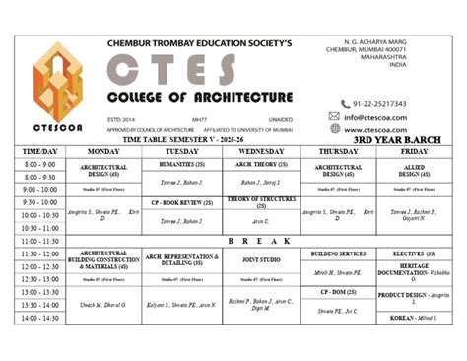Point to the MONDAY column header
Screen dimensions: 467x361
tap(103, 151)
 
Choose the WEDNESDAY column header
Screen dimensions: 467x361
tap(260, 151)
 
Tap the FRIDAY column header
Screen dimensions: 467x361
tap(414, 151)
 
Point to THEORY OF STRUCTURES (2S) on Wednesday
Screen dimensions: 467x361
tap(260, 202)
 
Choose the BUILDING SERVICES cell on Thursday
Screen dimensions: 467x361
tap(338, 253)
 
